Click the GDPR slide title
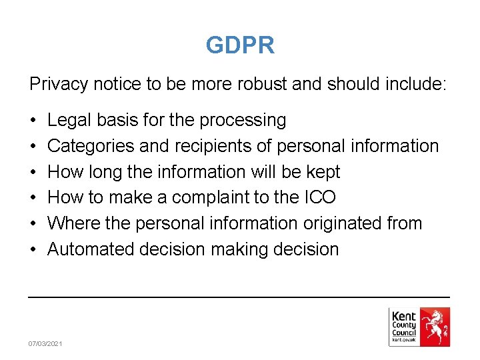pos(240,45)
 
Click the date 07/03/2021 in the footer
pos(45,343)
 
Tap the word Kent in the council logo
pos(404,316)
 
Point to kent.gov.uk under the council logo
pos(404,340)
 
